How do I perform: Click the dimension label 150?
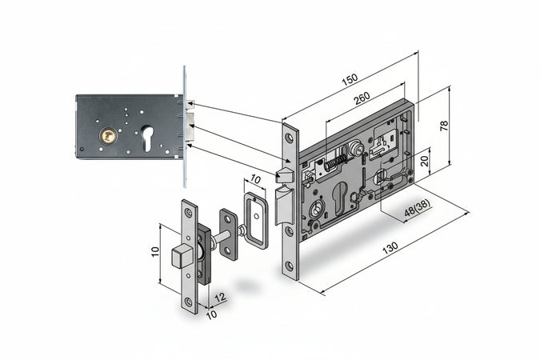pyautogui.click(x=350, y=79)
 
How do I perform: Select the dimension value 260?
pyautogui.click(x=362, y=98)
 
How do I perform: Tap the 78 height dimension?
pyautogui.click(x=444, y=126)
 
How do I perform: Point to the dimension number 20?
pyautogui.click(x=424, y=161)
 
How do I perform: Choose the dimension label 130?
pyautogui.click(x=390, y=248)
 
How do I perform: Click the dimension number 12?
pyautogui.click(x=221, y=298)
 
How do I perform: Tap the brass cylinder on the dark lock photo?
pyautogui.click(x=109, y=136)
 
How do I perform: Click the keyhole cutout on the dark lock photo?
pyautogui.click(x=147, y=138)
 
